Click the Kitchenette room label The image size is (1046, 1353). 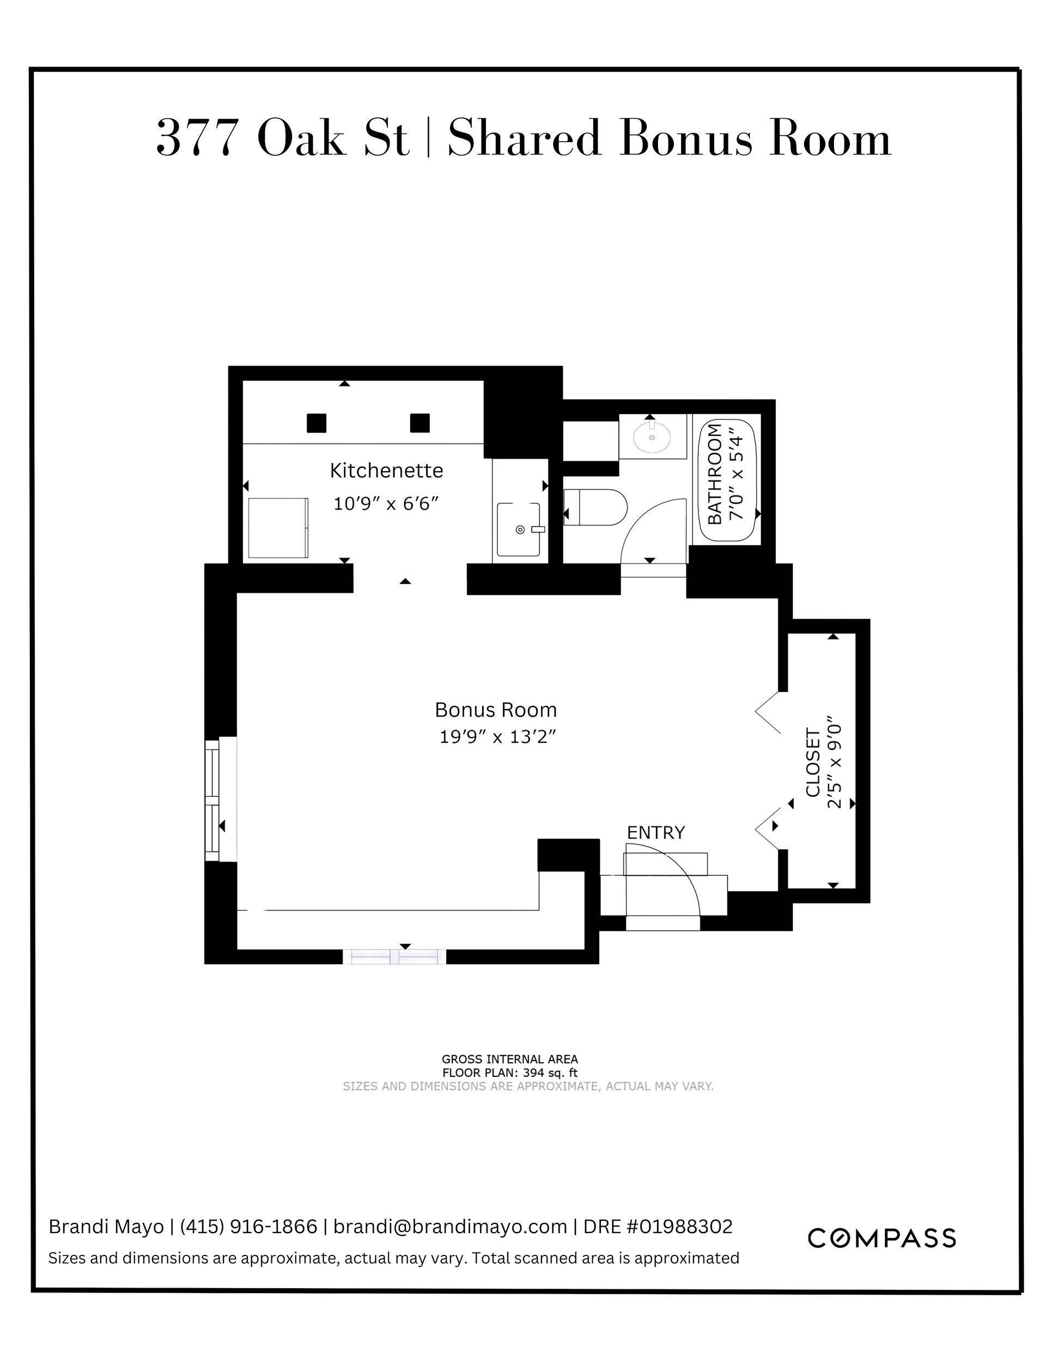pos(386,471)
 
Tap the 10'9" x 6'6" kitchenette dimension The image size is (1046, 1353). pos(386,504)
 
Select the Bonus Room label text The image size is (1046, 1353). pos(496,709)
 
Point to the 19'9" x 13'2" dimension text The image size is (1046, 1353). pos(497,737)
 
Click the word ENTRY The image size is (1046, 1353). pos(655,833)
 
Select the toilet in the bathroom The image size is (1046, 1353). pos(595,508)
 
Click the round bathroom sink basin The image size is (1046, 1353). pos(652,438)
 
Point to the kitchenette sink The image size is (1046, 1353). pos(519,529)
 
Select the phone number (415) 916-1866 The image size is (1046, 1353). pos(248,1227)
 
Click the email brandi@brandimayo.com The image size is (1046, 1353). pos(451,1227)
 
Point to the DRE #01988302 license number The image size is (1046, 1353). pos(658,1227)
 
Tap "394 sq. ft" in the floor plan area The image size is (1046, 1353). pos(550,1073)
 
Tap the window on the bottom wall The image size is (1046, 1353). pos(395,956)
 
